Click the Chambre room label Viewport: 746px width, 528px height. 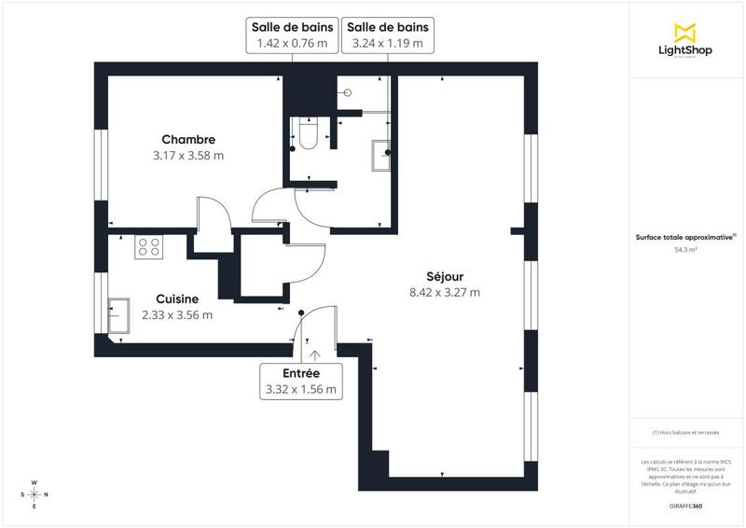point(188,140)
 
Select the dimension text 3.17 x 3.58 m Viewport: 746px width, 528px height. point(188,156)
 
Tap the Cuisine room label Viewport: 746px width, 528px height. point(177,299)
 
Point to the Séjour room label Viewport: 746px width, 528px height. point(445,276)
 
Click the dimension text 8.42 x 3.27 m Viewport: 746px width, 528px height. point(445,292)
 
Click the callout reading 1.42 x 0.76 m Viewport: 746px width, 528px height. point(291,35)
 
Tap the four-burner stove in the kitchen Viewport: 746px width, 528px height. point(149,247)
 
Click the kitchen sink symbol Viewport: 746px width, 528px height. point(118,315)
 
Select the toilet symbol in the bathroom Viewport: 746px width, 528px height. point(308,134)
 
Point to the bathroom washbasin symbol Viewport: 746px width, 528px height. point(382,155)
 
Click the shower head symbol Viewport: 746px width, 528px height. point(347,92)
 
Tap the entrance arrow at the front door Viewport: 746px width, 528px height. point(315,354)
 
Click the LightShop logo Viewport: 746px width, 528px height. point(685,40)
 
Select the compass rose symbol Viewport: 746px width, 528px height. point(35,494)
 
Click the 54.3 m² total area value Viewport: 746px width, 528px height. point(686,250)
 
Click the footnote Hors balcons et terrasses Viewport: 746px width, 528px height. point(686,432)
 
